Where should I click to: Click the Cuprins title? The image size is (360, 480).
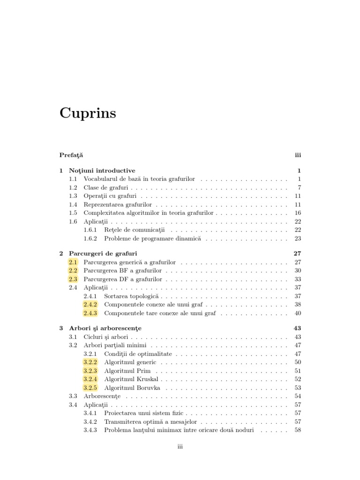pos(88,114)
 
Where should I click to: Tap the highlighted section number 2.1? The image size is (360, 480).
pos(73,262)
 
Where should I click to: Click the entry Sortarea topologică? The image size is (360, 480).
pos(132,296)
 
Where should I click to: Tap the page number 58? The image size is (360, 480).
pos(297,430)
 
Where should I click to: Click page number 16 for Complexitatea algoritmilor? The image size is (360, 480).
pos(297,213)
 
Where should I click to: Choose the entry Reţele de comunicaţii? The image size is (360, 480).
pos(135,230)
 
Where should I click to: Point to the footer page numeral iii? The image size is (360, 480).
pos(180,447)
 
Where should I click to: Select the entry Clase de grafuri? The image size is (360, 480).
pos(105,187)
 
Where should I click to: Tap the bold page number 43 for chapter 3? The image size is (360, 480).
pos(297,328)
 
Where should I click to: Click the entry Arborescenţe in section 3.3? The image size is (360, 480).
pos(102,396)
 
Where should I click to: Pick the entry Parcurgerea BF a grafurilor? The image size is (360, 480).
pos(122,271)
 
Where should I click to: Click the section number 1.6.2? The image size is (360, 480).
pos(90,239)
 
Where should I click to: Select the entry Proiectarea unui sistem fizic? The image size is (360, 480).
pos(144,413)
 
